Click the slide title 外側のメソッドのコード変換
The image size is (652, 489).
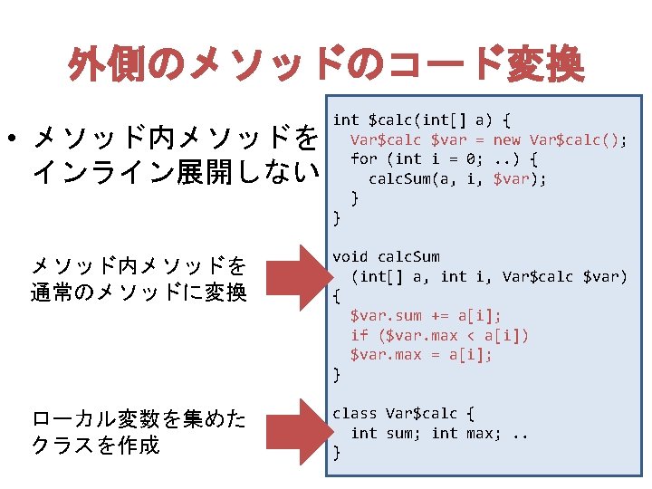click(326, 65)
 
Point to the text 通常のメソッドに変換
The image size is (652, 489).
click(138, 292)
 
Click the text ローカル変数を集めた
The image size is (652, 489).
click(138, 418)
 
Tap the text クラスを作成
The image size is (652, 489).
click(94, 445)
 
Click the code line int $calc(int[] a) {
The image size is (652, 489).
click(422, 120)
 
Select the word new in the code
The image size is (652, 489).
click(507, 139)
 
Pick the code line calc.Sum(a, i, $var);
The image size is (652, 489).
click(457, 178)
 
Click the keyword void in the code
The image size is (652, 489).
click(350, 257)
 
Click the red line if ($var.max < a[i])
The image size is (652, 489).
click(440, 335)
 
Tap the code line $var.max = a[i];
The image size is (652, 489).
click(421, 354)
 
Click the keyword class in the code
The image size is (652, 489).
click(355, 413)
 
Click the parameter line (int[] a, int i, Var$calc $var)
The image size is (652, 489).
click(489, 276)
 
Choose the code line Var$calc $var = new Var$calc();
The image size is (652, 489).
click(489, 139)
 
